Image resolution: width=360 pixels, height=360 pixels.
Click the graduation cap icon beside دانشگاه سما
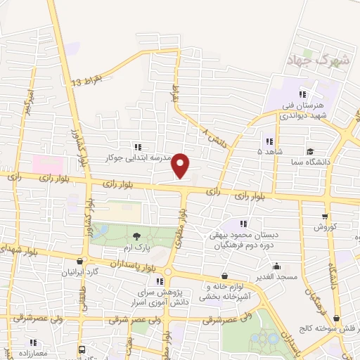(310, 151)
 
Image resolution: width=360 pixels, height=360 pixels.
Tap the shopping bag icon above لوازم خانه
(224, 276)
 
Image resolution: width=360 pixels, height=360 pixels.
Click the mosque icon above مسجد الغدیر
(277, 266)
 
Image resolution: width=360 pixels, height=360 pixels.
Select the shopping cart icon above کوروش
(324, 217)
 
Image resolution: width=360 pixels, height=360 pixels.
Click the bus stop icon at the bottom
(83, 349)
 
